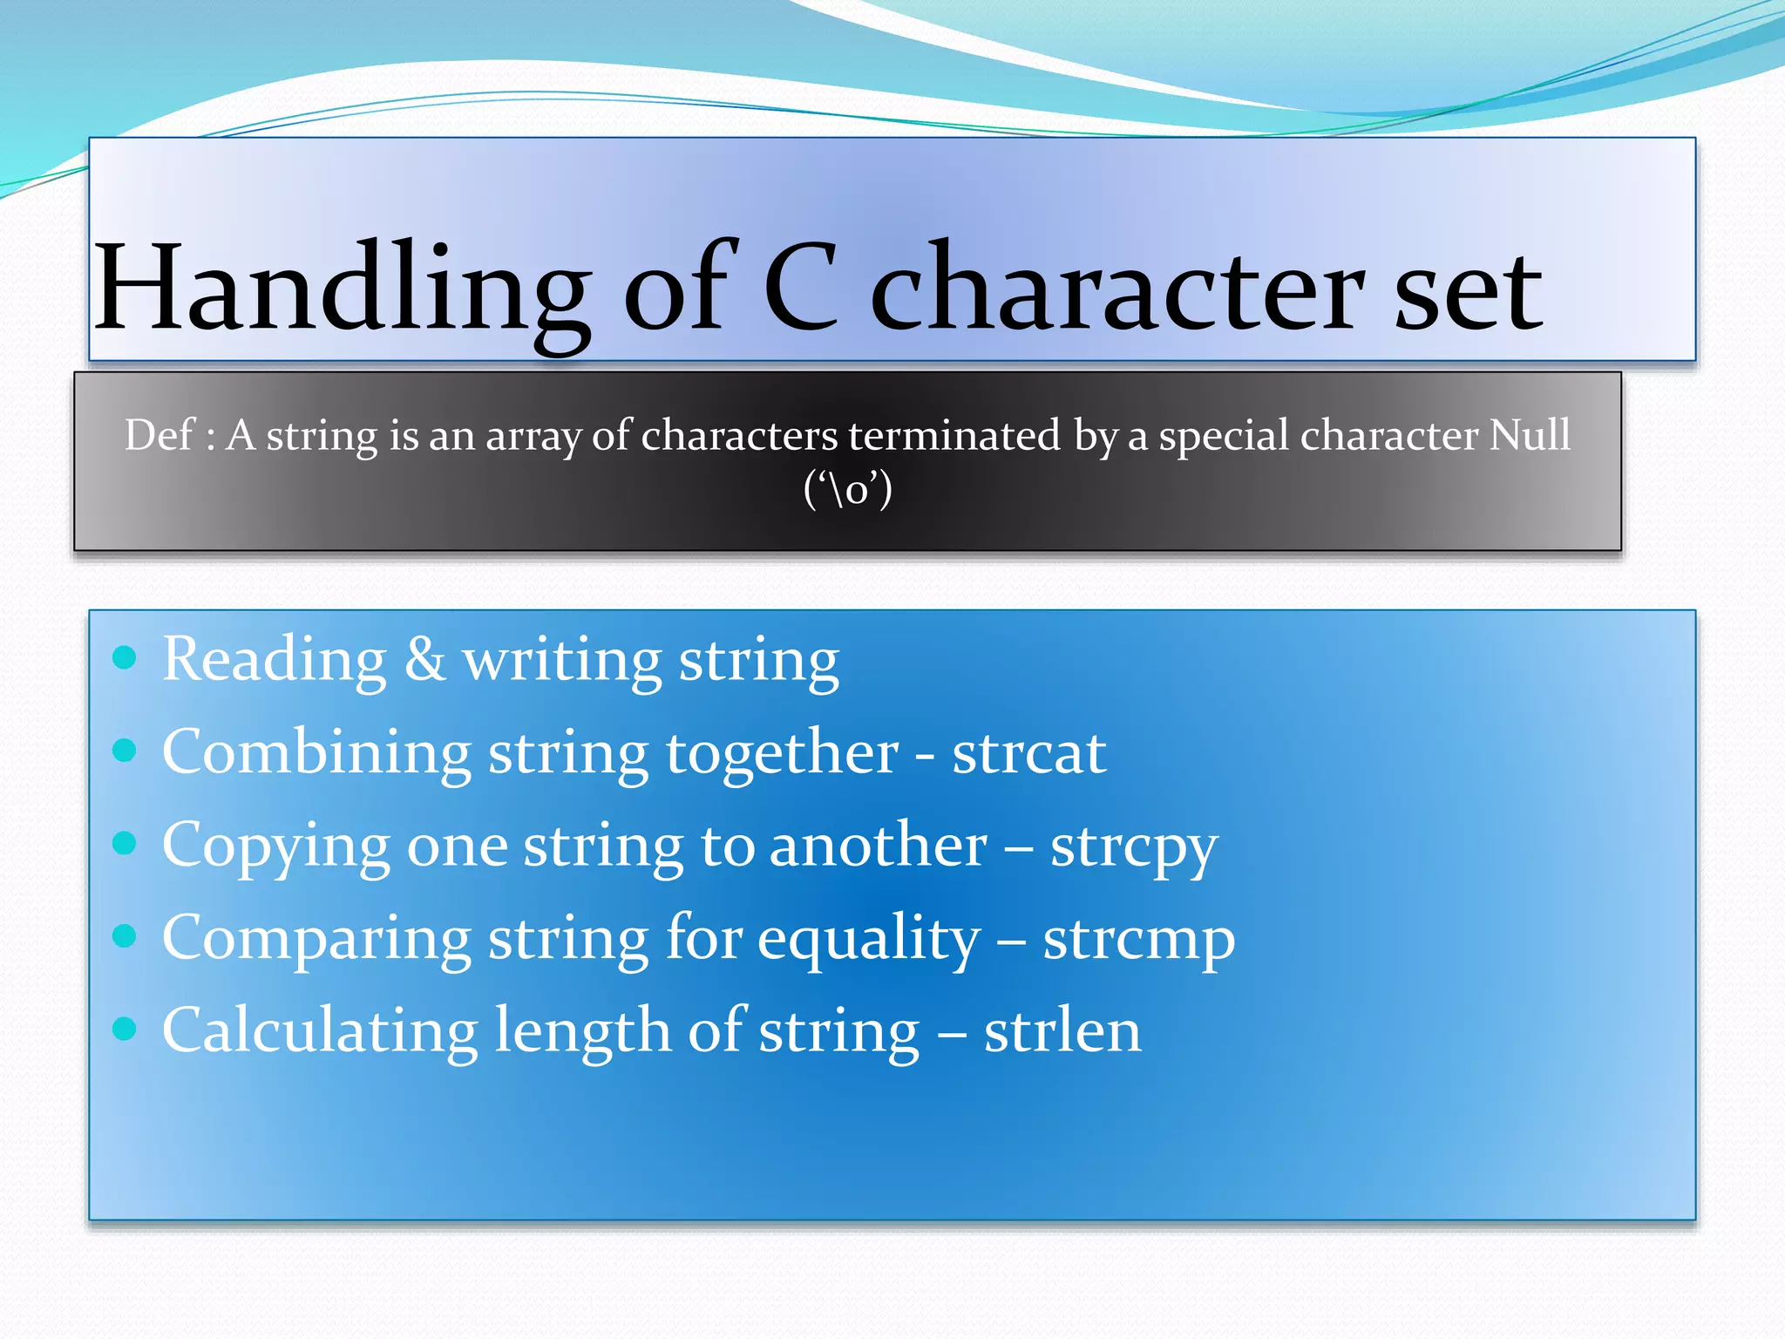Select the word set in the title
(x=1468, y=292)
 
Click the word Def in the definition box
(x=158, y=434)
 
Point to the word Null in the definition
(x=1529, y=433)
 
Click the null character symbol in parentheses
(x=848, y=489)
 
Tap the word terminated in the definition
(x=954, y=434)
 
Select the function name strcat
(x=1028, y=752)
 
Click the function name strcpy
(x=1133, y=846)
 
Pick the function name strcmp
(x=1138, y=939)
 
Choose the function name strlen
(x=1062, y=1031)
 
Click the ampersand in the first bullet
(x=424, y=659)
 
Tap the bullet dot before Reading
(x=126, y=657)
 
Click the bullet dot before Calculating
(x=126, y=1029)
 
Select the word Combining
(x=316, y=752)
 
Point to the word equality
(x=869, y=939)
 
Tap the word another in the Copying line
(x=878, y=846)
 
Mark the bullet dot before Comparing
(x=126, y=936)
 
